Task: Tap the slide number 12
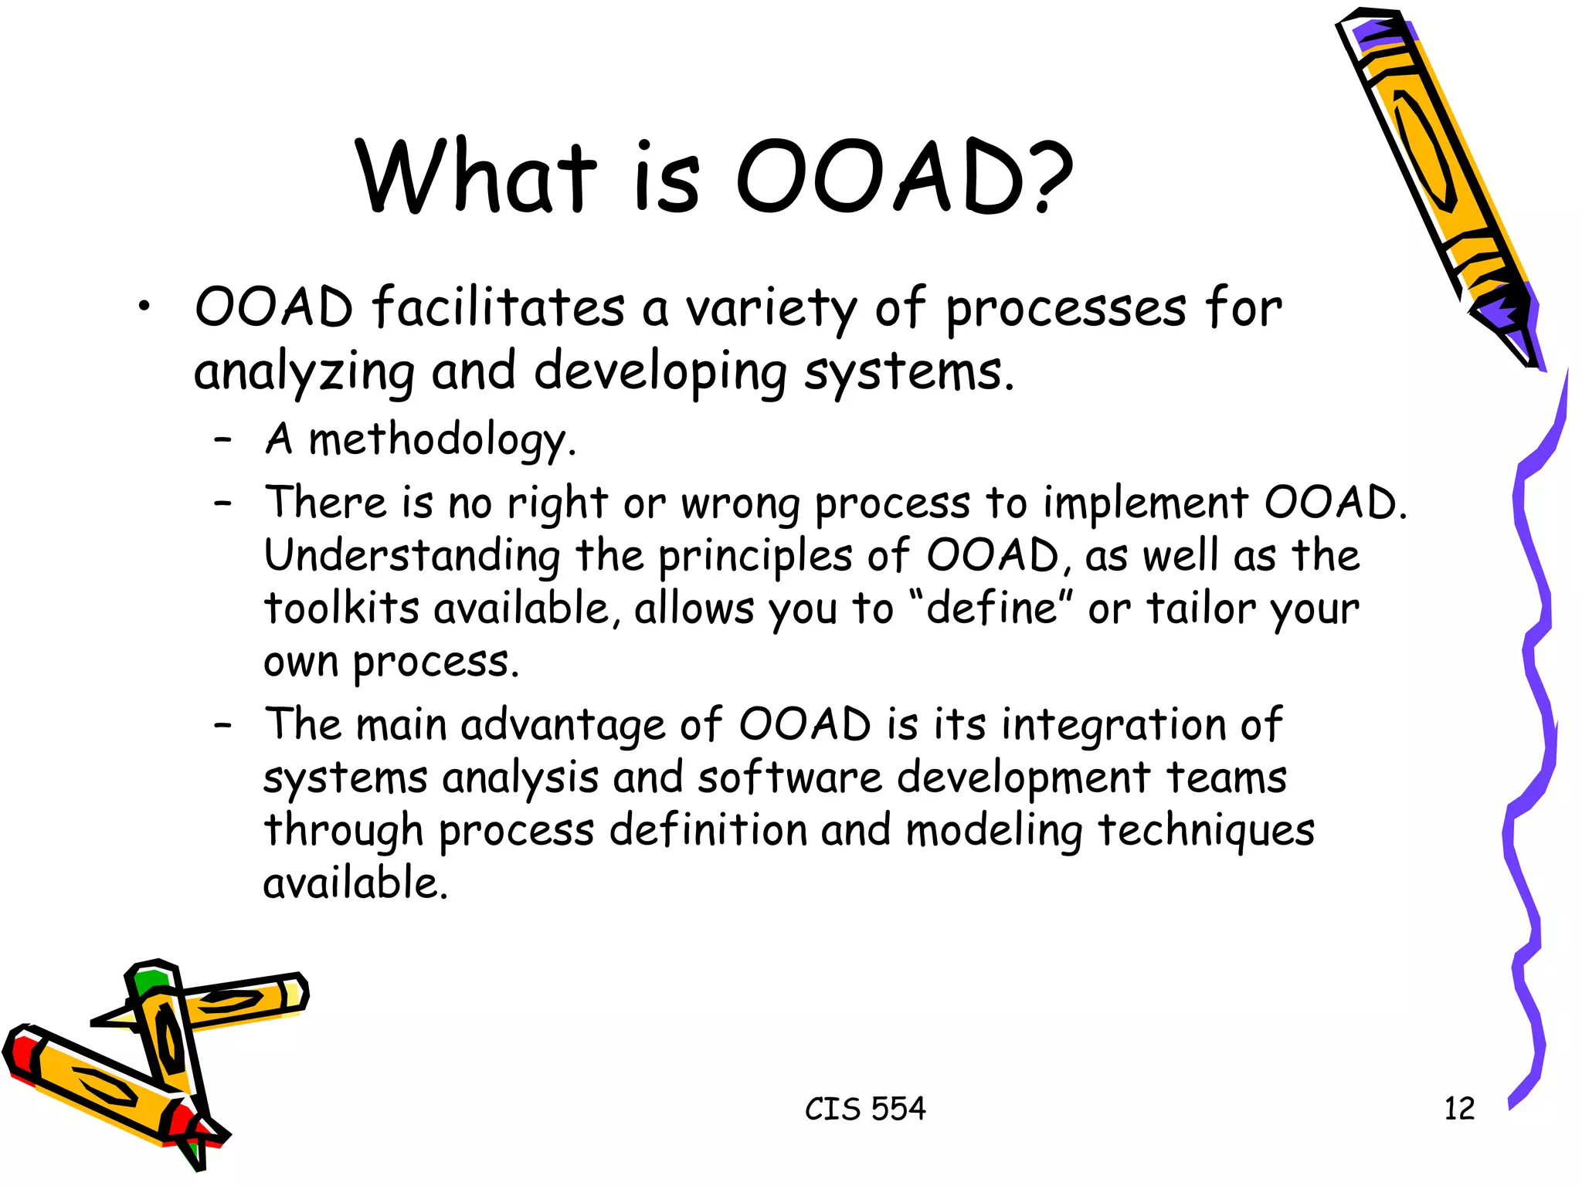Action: pos(1459,1109)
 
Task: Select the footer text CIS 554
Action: pos(865,1109)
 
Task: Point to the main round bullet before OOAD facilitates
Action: pos(143,308)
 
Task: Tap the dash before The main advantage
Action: pos(223,726)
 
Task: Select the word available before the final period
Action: pos(351,883)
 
